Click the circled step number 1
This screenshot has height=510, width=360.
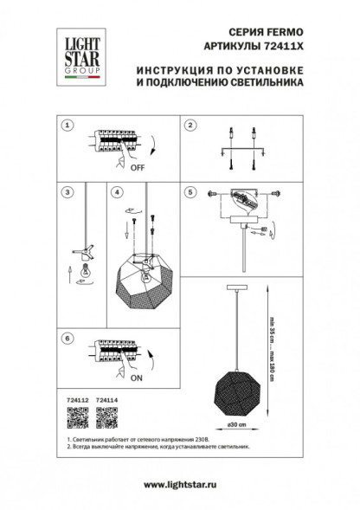click(65, 126)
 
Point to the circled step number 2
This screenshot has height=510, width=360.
click(188, 126)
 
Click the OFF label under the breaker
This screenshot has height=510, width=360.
click(136, 171)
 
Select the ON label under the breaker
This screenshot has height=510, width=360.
click(136, 378)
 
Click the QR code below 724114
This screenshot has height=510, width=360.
click(106, 418)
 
